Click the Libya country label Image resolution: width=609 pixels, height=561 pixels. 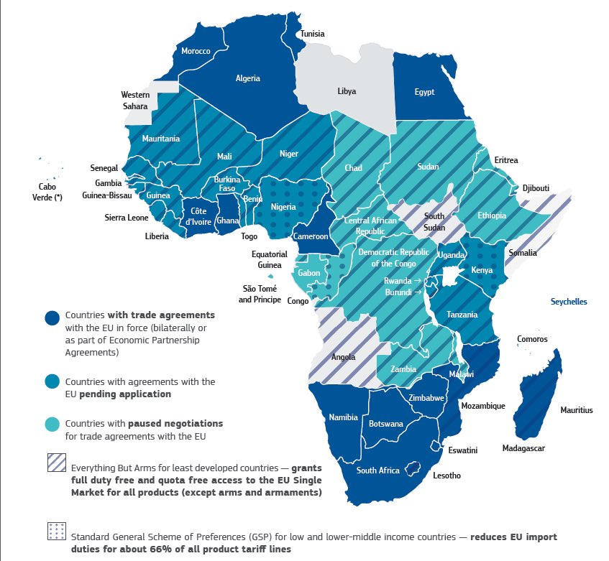pyautogui.click(x=347, y=91)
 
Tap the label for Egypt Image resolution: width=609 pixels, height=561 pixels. pyautogui.click(x=424, y=92)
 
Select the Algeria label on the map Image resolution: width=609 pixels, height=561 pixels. pyautogui.click(x=248, y=78)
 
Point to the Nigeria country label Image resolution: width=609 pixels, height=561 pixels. pyautogui.click(x=283, y=207)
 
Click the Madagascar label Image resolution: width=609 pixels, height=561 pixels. pyautogui.click(x=523, y=448)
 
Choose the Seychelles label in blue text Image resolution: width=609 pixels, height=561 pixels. pyautogui.click(x=569, y=302)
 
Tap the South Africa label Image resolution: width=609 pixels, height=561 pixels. pyautogui.click(x=377, y=470)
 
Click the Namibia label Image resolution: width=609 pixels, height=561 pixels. pyautogui.click(x=343, y=417)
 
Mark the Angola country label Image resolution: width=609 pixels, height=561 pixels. pyautogui.click(x=342, y=357)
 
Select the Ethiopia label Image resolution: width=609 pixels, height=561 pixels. pyautogui.click(x=492, y=215)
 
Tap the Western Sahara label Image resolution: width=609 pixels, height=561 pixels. pyautogui.click(x=134, y=100)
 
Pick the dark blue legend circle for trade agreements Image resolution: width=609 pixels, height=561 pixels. pyautogui.click(x=52, y=318)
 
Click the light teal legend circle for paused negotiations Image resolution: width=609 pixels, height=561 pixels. pyautogui.click(x=52, y=424)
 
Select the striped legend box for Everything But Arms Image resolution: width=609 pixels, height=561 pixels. pyautogui.click(x=56, y=463)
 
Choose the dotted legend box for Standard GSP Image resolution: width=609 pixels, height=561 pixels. pyautogui.click(x=56, y=530)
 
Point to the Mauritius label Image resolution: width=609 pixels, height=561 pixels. pyautogui.click(x=576, y=410)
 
